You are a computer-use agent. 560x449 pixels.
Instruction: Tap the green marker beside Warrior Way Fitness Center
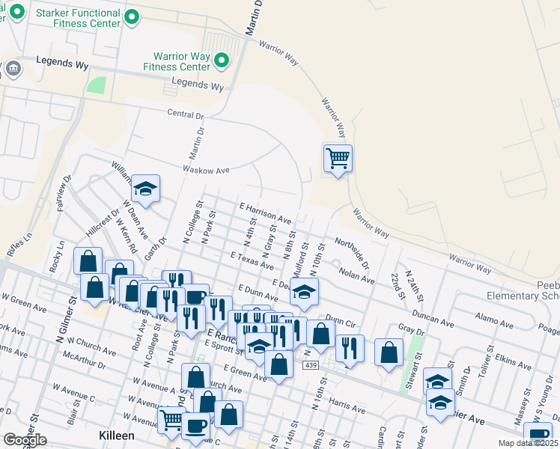pos(221,60)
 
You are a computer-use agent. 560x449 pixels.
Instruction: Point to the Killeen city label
pos(117,436)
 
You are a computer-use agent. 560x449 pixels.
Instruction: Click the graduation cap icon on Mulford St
pos(304,293)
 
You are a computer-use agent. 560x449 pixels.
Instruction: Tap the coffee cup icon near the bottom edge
pos(196,426)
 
